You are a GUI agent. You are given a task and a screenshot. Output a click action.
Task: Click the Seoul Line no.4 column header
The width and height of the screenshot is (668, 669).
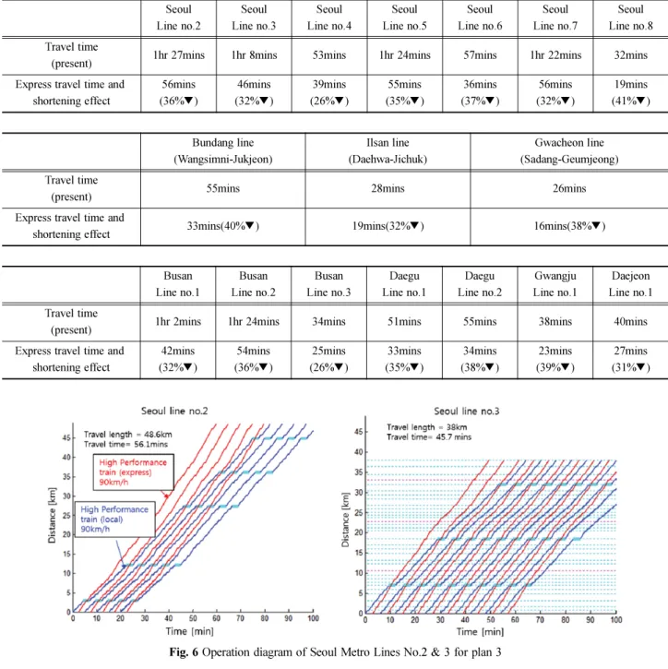[x=328, y=18]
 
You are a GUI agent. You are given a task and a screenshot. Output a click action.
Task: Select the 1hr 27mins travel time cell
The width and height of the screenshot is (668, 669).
[x=179, y=55]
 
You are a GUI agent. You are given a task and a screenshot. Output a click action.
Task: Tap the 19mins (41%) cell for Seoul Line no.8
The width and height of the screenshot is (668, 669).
[x=630, y=92]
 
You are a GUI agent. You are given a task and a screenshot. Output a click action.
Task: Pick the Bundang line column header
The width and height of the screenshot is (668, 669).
[x=222, y=150]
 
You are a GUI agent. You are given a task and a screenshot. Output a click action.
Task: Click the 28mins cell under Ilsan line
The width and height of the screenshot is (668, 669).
[x=388, y=188]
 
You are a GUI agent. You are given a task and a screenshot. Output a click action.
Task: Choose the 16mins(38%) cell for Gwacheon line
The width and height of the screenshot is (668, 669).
[x=569, y=226]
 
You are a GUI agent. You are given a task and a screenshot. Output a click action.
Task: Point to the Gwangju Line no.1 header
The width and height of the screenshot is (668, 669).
[x=555, y=284]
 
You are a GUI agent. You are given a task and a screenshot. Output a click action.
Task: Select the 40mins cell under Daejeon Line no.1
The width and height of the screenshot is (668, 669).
[x=630, y=321]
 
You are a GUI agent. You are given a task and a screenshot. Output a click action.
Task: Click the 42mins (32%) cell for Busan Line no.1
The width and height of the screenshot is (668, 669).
[x=178, y=359]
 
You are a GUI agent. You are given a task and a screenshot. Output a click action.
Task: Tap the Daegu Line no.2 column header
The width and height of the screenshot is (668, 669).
[x=480, y=284]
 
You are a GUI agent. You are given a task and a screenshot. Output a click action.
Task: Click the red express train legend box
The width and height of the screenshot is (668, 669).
[x=134, y=472]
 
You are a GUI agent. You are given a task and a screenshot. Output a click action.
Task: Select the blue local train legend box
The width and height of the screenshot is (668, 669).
[x=115, y=519]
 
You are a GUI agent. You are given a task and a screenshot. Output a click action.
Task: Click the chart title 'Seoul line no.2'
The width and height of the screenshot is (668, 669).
[x=174, y=411]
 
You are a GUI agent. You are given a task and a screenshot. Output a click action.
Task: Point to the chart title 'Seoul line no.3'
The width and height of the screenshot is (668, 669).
[x=467, y=411]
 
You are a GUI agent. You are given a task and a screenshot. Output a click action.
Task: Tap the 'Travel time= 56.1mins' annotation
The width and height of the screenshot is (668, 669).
[x=125, y=444]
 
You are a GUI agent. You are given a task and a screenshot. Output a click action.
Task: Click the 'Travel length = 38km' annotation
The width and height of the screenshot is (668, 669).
[x=426, y=427]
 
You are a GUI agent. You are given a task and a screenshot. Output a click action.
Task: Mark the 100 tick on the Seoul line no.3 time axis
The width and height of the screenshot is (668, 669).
[x=616, y=619]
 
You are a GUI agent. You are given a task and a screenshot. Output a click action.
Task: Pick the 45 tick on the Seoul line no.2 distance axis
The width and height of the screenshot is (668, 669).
[x=66, y=437]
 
